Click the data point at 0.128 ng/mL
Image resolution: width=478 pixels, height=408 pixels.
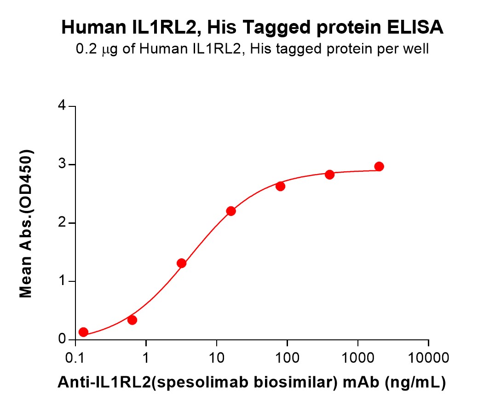point(83,332)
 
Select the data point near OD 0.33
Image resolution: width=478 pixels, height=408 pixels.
point(132,320)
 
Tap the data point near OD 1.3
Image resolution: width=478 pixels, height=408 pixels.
point(181,263)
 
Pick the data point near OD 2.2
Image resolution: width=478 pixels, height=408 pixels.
point(231,211)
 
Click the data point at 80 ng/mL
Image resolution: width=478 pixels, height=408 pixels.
point(280,186)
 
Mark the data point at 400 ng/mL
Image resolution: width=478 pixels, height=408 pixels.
point(329,175)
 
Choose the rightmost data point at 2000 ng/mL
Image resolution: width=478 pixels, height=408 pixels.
point(379,166)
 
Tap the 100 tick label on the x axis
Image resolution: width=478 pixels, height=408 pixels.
point(287,357)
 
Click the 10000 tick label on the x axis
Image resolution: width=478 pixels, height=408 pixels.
point(428,357)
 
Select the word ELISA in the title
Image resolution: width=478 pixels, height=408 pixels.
point(415,28)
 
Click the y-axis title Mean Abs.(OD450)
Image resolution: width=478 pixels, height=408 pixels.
point(26,223)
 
